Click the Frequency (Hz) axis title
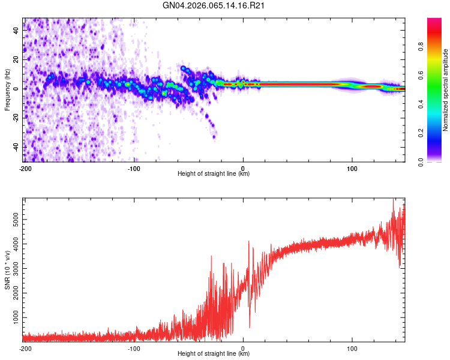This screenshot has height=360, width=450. pyautogui.click(x=7, y=90)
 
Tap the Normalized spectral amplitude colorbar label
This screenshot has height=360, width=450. pyautogui.click(x=445, y=90)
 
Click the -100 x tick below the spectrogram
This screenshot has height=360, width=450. pyautogui.click(x=133, y=168)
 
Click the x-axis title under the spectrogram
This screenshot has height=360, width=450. pyautogui.click(x=214, y=174)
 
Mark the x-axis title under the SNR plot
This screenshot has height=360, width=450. pyautogui.click(x=214, y=354)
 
